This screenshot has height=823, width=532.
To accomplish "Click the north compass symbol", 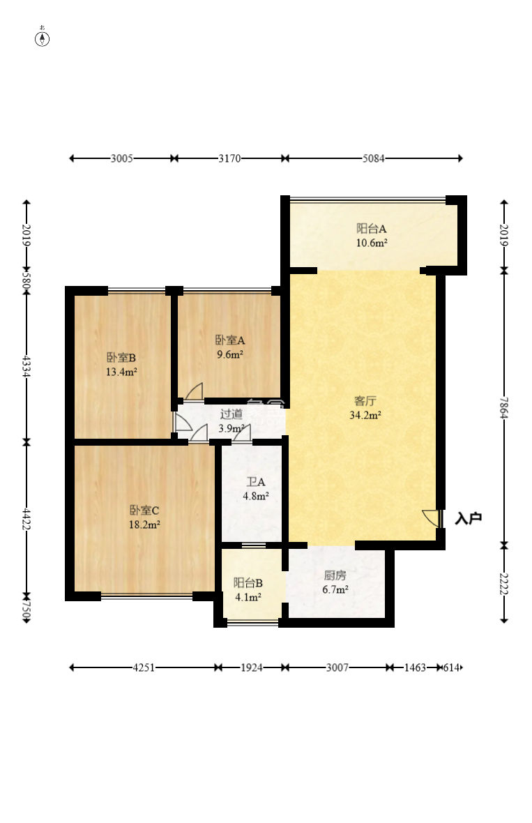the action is (x=43, y=38).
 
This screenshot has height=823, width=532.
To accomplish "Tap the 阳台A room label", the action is (x=372, y=229).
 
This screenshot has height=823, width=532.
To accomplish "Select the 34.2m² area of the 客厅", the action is (x=365, y=415).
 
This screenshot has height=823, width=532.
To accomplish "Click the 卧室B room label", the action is (x=121, y=358).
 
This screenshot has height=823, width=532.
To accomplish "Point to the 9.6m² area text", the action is (x=230, y=354).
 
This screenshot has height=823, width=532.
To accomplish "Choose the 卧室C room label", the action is (x=144, y=510).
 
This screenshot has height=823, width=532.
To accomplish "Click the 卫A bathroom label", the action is (x=256, y=482).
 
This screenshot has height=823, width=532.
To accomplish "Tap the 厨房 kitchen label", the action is (x=335, y=575).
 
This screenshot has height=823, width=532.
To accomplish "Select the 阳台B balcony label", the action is (x=248, y=583).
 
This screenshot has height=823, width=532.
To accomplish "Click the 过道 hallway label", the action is (x=231, y=414).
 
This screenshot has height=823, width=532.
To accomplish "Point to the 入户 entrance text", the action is (x=468, y=519).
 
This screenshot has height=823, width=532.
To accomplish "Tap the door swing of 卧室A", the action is (x=194, y=391).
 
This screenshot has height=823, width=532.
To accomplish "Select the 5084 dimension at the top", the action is (x=374, y=158).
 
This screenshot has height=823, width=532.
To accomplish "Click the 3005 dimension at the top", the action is (x=122, y=158).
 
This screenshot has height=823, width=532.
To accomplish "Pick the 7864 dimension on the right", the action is (x=503, y=407).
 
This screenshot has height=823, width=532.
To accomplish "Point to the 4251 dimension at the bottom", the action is (x=144, y=667).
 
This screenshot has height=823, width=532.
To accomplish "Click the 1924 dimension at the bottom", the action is (x=251, y=667).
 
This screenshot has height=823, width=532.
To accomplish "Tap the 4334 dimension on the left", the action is (x=26, y=366).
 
